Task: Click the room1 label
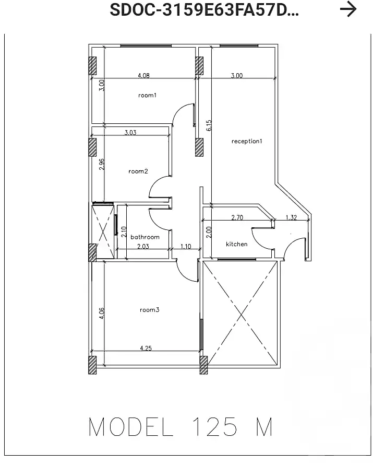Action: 147,95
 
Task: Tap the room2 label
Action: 138,171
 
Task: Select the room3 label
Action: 149,310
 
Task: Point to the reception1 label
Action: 247,141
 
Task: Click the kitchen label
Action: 236,244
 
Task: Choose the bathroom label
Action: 145,237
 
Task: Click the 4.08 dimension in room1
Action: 143,76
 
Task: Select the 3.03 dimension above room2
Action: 130,133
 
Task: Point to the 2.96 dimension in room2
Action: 102,164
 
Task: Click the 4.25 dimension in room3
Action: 146,349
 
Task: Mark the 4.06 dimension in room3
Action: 102,312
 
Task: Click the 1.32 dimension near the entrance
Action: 291,218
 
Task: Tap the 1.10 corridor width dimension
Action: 186,246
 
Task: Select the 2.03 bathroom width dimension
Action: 143,246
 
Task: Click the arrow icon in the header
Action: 348,9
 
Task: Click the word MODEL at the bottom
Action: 130,427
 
